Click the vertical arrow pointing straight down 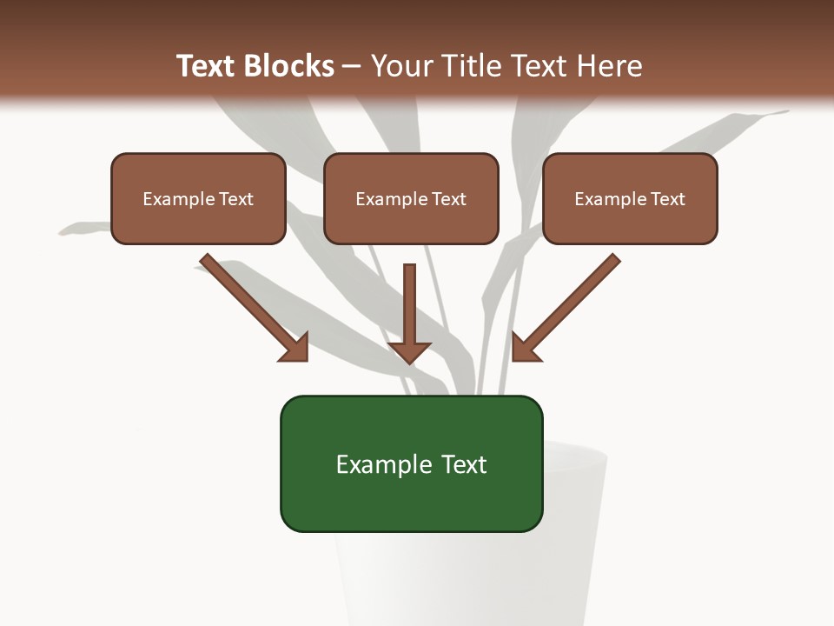click(410, 313)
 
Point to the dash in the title click(352, 66)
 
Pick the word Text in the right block click(667, 199)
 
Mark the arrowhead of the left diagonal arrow click(295, 348)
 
